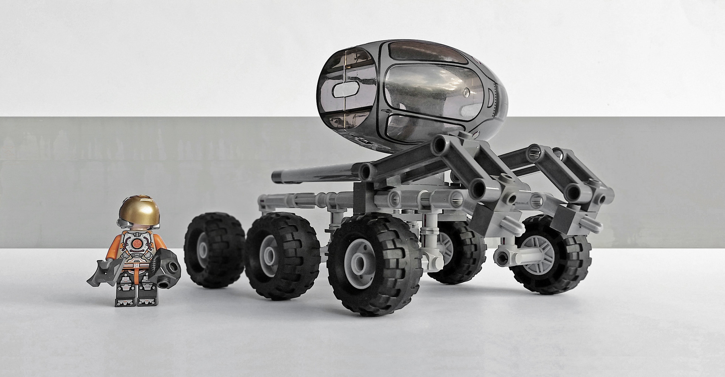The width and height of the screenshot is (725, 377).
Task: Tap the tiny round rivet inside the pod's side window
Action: (x=468, y=91)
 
